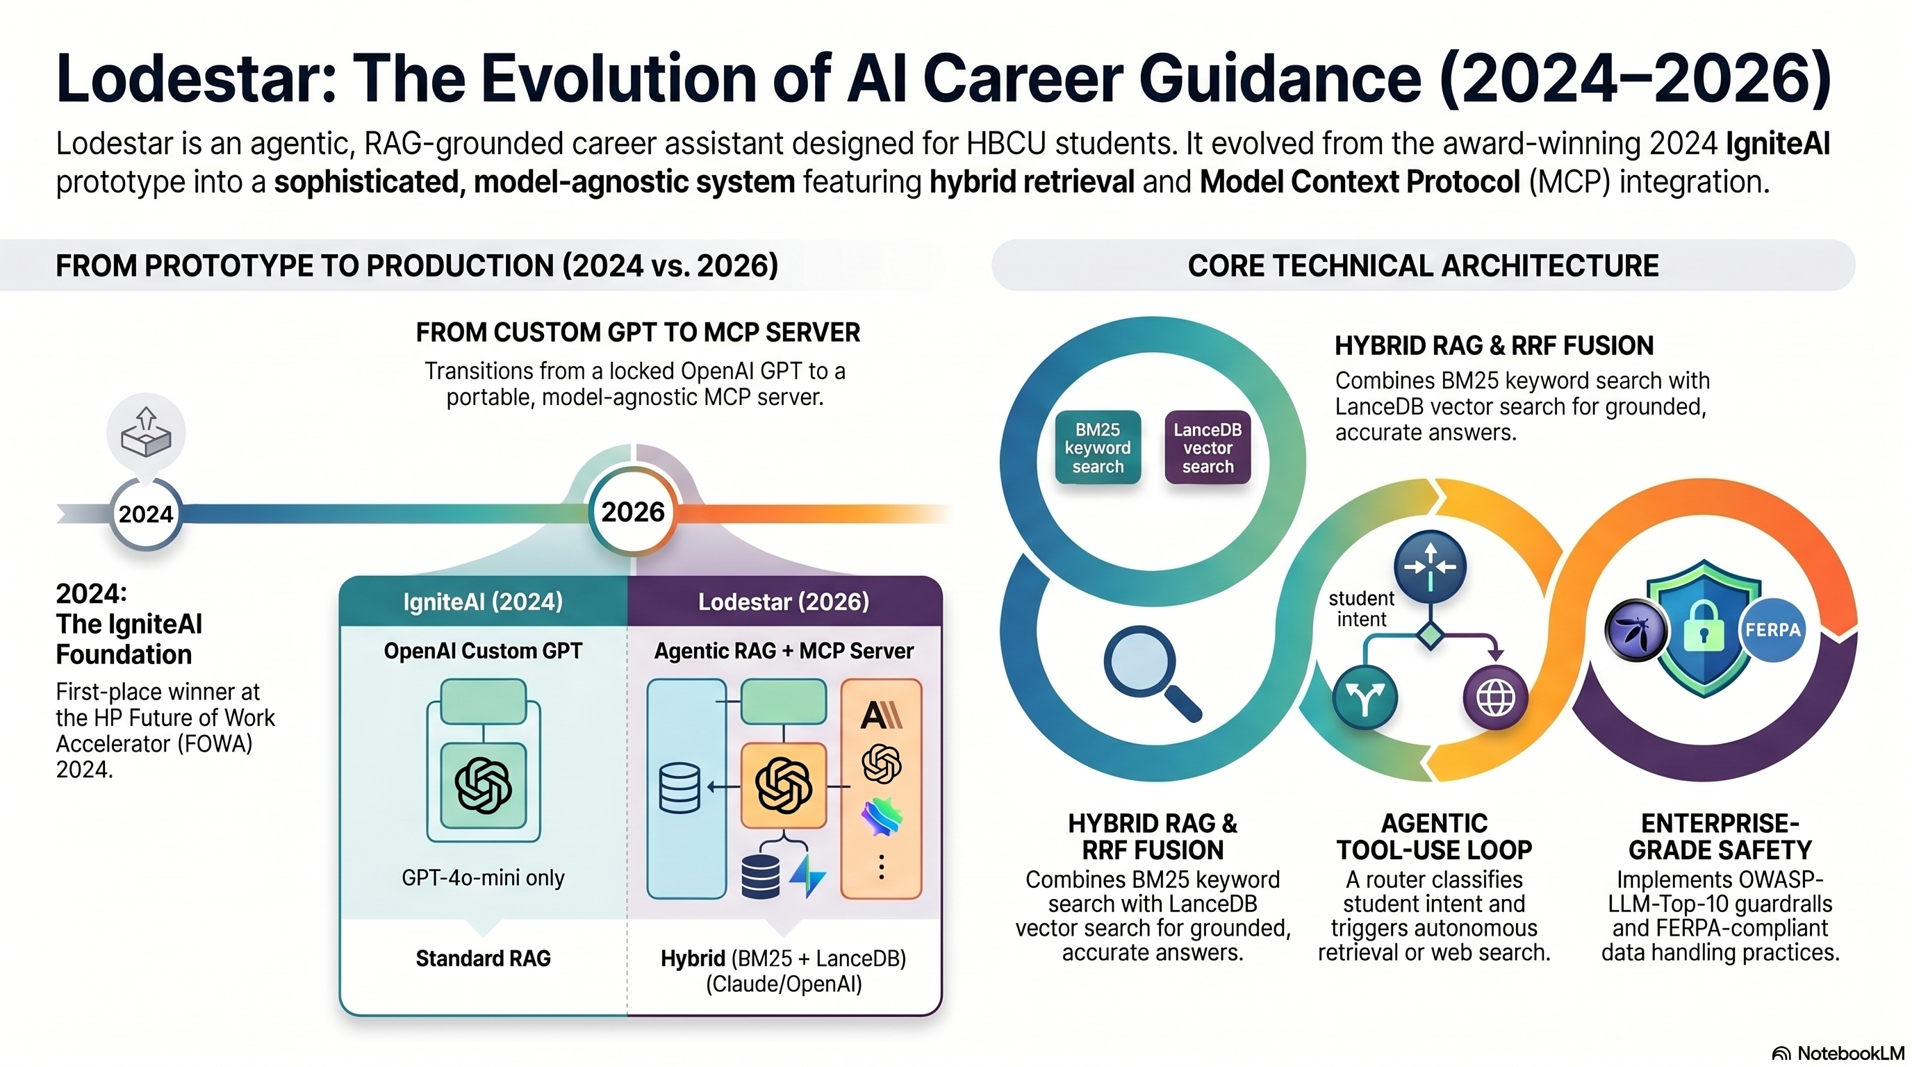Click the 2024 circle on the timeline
(145, 513)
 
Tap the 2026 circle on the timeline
(632, 512)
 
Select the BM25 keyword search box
(1098, 447)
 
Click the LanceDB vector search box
(1208, 447)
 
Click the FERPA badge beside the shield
(1772, 630)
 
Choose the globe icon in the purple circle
(1496, 697)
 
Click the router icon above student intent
(1431, 566)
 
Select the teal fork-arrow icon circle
(1365, 697)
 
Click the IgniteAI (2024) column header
(483, 601)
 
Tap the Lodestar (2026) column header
(784, 601)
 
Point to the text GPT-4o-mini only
(483, 878)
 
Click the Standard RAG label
(483, 958)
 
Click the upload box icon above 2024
(146, 431)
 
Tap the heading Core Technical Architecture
(1423, 265)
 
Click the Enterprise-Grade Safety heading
(1720, 836)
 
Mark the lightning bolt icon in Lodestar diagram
(807, 875)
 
